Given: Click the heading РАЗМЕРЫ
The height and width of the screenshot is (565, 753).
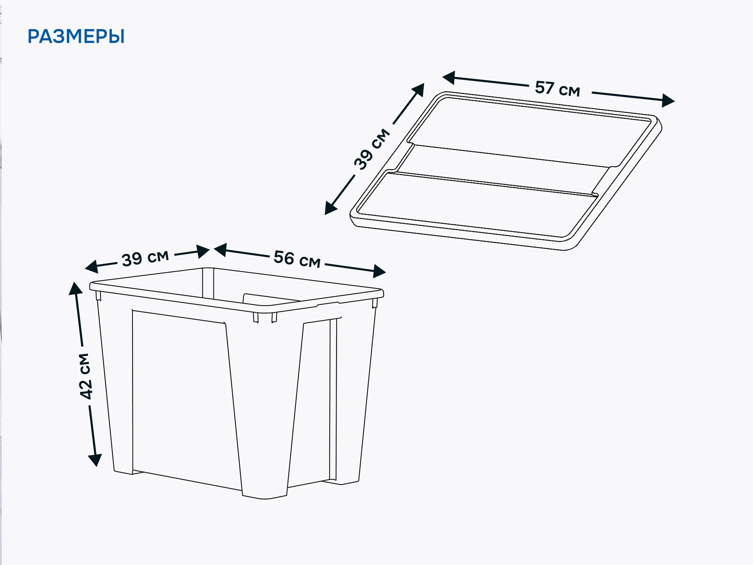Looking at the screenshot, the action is (76, 36).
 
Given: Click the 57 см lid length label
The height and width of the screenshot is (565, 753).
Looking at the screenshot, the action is (557, 89).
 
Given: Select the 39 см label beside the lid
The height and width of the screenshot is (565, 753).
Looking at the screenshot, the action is (372, 149).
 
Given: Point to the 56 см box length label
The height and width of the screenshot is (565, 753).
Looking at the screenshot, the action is (297, 259).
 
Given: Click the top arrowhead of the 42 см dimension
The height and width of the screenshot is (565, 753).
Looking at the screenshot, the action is (75, 288).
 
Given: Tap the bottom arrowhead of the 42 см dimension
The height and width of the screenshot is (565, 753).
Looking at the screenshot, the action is (95, 460).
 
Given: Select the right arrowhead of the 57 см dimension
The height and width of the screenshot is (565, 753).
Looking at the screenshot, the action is (668, 100).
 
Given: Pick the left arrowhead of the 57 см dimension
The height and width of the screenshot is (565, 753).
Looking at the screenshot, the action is (449, 78).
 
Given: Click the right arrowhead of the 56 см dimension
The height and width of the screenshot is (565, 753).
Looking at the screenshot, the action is (379, 271).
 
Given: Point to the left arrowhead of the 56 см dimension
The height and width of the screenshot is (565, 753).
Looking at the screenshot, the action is (220, 250).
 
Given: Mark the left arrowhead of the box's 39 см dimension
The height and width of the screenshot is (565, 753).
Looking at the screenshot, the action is (91, 267).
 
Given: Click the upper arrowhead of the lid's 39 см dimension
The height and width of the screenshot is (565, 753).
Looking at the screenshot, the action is (418, 89).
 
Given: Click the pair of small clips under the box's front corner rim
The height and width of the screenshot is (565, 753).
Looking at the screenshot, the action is (265, 317).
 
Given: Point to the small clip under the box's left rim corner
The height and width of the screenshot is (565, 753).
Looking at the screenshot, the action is (98, 296).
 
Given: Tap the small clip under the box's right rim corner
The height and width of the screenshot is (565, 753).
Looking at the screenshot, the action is (375, 303).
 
